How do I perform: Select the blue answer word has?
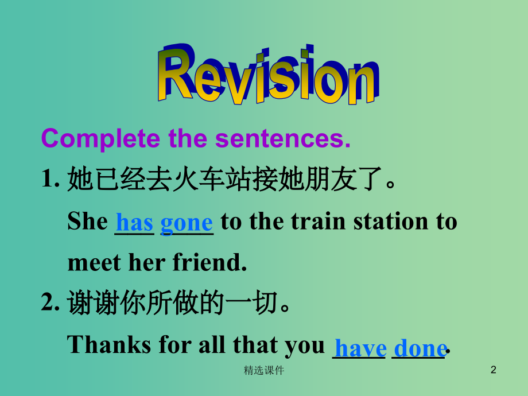[x=134, y=222]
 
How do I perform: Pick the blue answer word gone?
[x=187, y=223]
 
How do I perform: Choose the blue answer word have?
[x=360, y=348]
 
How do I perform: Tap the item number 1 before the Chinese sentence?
[x=48, y=180]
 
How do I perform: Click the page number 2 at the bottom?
[x=493, y=371]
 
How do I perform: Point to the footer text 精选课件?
[x=264, y=371]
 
